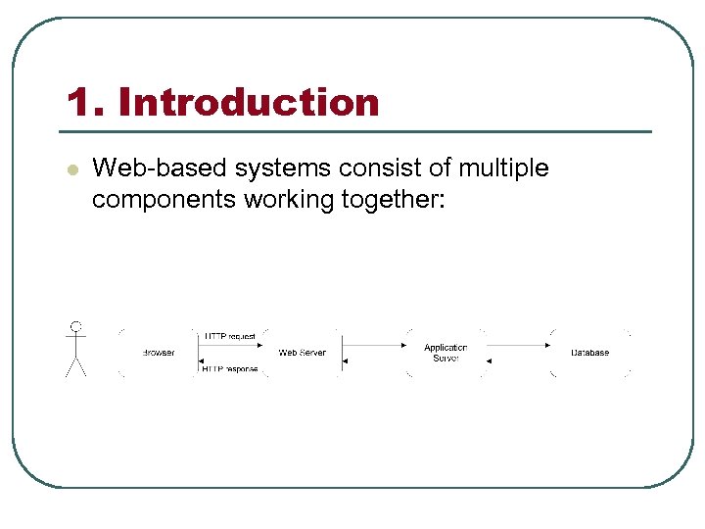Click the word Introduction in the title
(x=249, y=102)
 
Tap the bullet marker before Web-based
(x=70, y=169)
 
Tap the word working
(x=291, y=200)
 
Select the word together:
(x=397, y=200)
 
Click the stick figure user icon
(x=75, y=350)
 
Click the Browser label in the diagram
(x=159, y=353)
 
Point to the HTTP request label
(x=230, y=336)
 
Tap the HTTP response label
(x=230, y=369)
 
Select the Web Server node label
(x=302, y=353)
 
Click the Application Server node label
(x=446, y=353)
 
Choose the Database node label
(x=589, y=353)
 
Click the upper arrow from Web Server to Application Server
(x=373, y=345)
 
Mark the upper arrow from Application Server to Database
(x=517, y=345)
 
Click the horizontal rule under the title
(x=357, y=131)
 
